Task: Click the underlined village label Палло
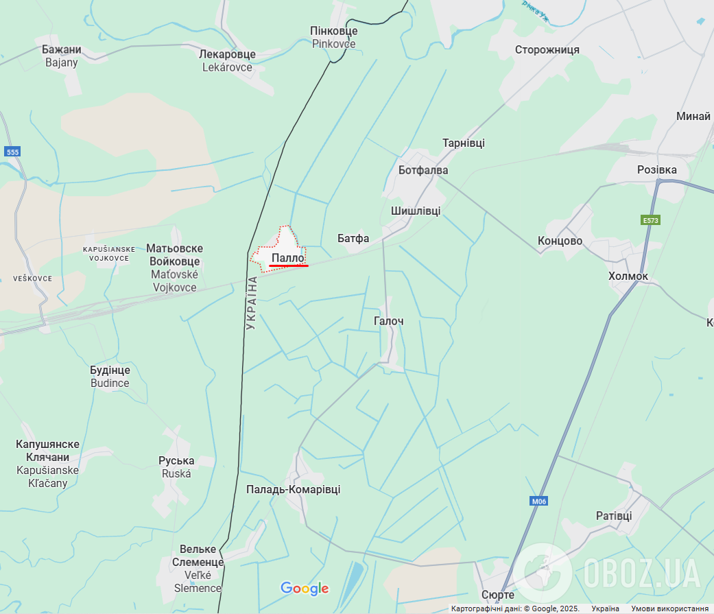288,258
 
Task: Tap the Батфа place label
353,238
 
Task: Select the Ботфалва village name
423,169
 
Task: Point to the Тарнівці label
463,143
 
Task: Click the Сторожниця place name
547,49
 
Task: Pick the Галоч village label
389,320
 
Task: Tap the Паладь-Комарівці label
293,489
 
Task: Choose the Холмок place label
628,276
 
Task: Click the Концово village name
560,241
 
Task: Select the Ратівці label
614,516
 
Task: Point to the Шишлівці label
416,211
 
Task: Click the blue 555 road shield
12,152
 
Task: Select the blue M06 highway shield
539,501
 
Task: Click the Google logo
305,588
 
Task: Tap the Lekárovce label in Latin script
227,67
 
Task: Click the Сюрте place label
498,594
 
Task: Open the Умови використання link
669,609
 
